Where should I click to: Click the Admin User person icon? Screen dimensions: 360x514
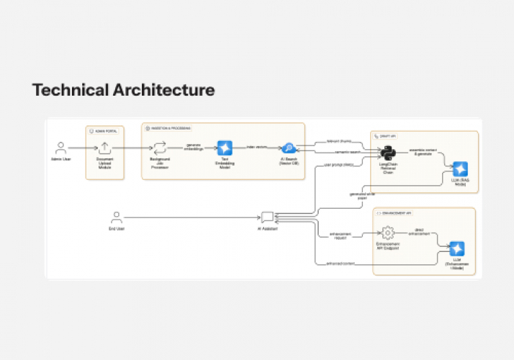[61, 147]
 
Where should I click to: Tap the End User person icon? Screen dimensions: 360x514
[116, 216]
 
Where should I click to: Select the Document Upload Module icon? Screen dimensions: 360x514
[105, 148]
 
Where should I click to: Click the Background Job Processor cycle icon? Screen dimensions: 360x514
[160, 147]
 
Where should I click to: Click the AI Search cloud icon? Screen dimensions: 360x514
[289, 148]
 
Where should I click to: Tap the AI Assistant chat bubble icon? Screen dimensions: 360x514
[267, 216]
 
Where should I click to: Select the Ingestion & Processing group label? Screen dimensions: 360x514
[171, 127]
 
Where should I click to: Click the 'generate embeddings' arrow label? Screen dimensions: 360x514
[194, 146]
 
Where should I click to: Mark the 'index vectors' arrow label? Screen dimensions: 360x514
[257, 146]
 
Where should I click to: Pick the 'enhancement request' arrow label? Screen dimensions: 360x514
[341, 235]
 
